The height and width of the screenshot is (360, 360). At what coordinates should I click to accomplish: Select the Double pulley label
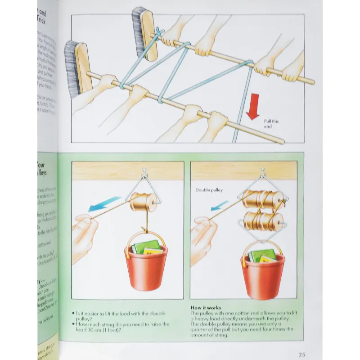(x=209, y=190)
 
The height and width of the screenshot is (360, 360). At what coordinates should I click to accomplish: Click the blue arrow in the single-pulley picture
(x=104, y=203)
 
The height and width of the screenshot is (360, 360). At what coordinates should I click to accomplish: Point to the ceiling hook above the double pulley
(x=263, y=172)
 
